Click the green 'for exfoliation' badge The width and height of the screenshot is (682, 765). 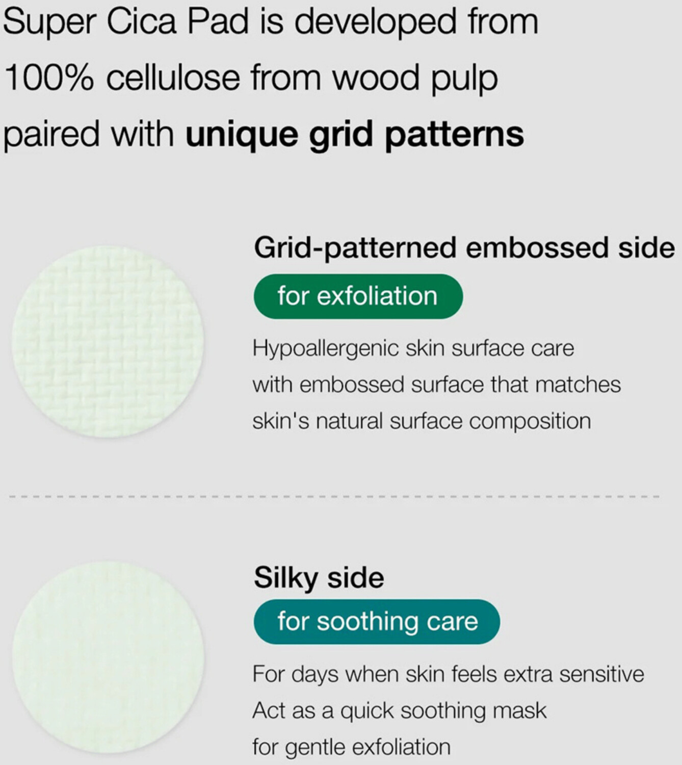tap(358, 296)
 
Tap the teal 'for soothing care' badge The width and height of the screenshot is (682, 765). tap(377, 622)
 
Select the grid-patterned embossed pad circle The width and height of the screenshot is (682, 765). tap(108, 342)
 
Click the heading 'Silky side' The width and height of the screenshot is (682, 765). tap(319, 578)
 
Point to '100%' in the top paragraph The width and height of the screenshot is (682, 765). tap(49, 78)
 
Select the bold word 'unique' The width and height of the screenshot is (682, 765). tap(242, 135)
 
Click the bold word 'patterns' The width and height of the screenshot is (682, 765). tap(455, 135)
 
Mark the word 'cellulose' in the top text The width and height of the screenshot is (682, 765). tap(173, 78)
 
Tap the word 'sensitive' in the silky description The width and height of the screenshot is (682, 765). tap(601, 674)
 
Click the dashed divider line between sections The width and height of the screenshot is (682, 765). tap(334, 497)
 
